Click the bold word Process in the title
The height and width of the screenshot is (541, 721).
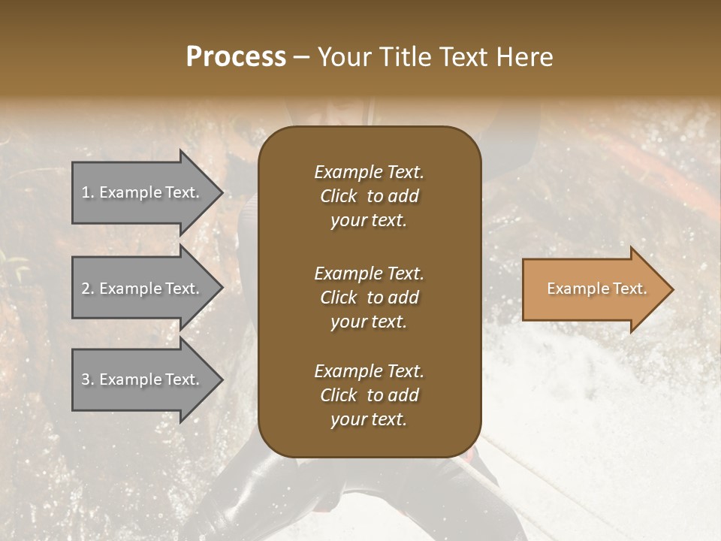[x=236, y=57]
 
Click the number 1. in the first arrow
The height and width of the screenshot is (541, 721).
[x=87, y=192]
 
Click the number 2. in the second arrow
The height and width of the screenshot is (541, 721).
[x=87, y=289]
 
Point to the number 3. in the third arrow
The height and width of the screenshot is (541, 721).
[x=87, y=379]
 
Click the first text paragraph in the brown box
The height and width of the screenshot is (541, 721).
[x=369, y=196]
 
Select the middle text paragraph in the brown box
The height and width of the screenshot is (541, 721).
[x=369, y=298]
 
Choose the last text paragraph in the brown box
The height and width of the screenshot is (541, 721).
[x=369, y=395]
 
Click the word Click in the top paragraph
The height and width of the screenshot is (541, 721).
[x=338, y=196]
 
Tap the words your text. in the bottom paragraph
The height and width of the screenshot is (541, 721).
[x=369, y=420]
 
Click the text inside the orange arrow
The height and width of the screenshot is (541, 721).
[x=597, y=289]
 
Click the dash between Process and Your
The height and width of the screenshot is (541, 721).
[x=302, y=58]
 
